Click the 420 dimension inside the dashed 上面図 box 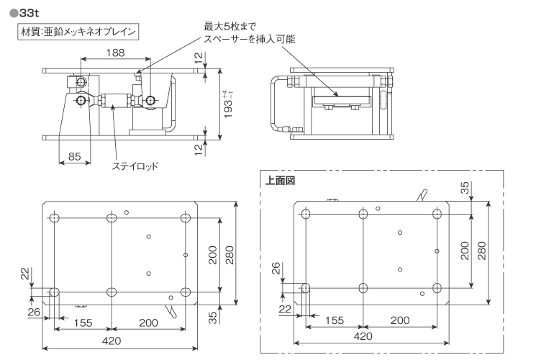pos(363,336)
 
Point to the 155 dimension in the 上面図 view pos(335,320)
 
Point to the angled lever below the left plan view pos(172,311)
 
